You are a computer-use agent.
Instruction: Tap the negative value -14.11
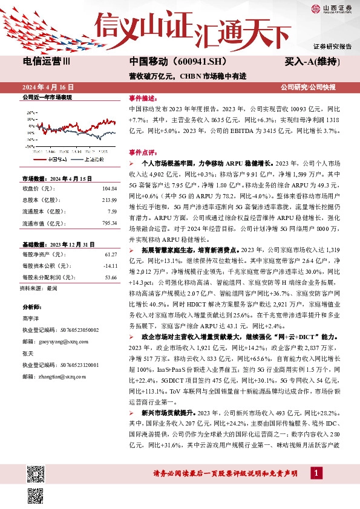pyautogui.click(x=110, y=267)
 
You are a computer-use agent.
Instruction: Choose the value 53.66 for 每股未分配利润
pyautogui.click(x=110, y=277)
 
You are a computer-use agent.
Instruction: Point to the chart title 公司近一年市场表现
pyautogui.click(x=47, y=97)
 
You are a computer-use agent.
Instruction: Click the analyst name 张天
pyautogui.click(x=28, y=354)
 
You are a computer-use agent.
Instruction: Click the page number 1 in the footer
pyautogui.click(x=316, y=472)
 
